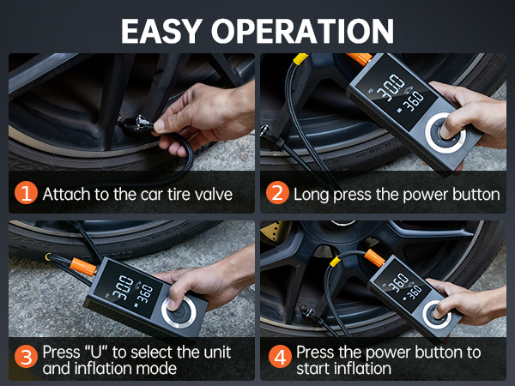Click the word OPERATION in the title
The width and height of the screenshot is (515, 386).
(302, 31)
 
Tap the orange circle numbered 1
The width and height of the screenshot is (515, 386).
(26, 193)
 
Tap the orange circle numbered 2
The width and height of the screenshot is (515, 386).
(277, 193)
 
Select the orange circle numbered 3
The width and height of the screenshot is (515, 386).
(26, 357)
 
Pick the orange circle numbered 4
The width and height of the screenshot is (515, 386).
(280, 357)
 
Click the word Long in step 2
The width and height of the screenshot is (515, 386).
(311, 195)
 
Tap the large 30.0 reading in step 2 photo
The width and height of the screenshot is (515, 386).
(391, 87)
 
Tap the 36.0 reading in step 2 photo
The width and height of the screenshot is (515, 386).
(414, 101)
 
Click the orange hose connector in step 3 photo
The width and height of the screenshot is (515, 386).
(83, 267)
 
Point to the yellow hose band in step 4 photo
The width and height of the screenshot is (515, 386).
(336, 262)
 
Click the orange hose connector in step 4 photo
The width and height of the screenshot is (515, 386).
(374, 258)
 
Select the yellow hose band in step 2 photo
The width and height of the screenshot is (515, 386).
(300, 58)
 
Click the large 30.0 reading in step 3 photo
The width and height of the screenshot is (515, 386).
(122, 287)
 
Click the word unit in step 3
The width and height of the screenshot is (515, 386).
(217, 353)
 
